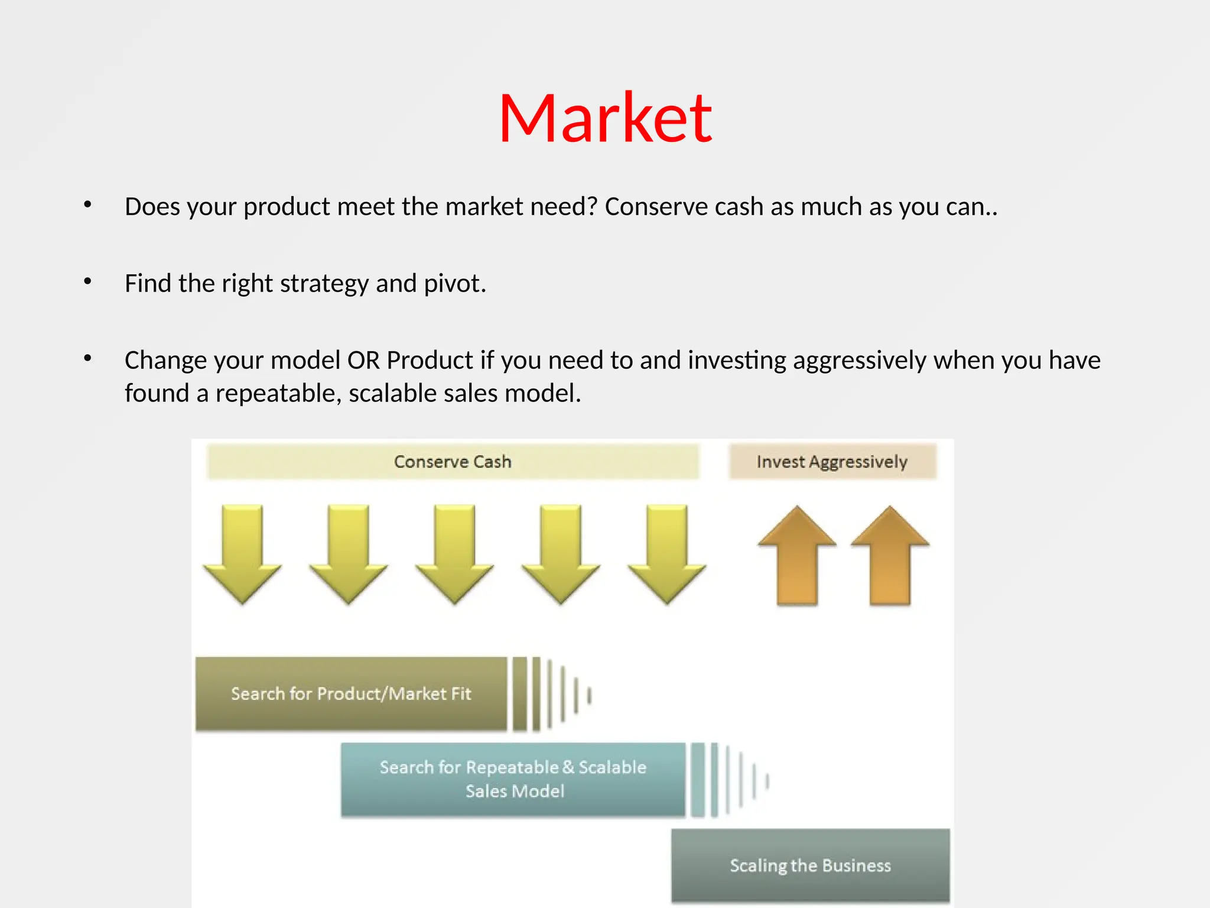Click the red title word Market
point(605,118)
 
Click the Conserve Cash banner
point(453,462)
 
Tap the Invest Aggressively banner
point(832,462)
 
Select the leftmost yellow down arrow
point(242,553)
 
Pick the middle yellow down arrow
point(454,553)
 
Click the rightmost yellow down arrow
point(667,553)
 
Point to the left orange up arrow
point(797,556)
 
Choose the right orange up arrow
point(890,556)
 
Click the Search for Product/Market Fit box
point(351,694)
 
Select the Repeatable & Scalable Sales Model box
point(513,780)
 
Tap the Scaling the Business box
point(810,865)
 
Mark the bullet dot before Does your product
point(87,205)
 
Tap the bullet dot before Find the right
point(87,281)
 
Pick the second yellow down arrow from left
point(349,553)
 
